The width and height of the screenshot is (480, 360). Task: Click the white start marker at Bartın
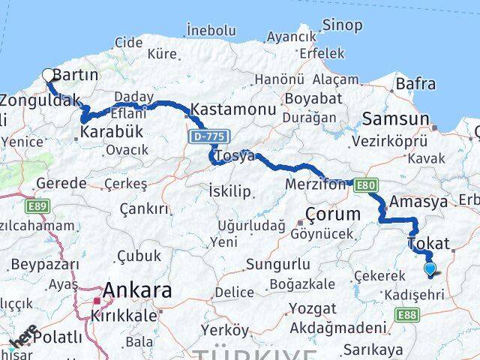(x=49, y=74)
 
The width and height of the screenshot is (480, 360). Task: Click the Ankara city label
(x=137, y=289)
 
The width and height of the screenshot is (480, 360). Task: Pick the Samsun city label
(x=396, y=118)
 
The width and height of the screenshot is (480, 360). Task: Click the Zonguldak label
(x=35, y=99)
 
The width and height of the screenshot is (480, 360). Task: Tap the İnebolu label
(x=211, y=31)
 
